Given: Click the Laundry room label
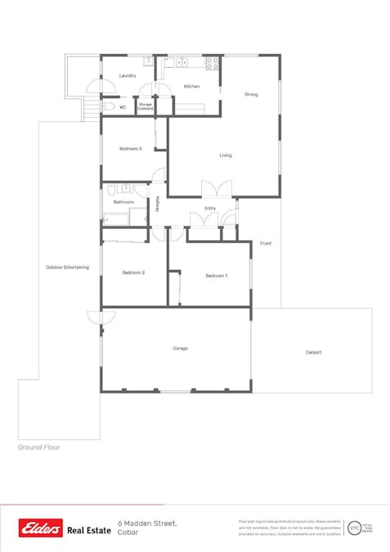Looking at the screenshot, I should point(127,75).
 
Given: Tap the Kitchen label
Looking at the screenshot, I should point(191,86).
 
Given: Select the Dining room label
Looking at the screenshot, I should point(251,95).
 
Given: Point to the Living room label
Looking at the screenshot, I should point(226,155).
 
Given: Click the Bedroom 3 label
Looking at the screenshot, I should point(131,149).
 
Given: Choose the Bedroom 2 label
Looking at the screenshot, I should point(133,272).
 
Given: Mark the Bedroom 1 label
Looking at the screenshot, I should point(216,276).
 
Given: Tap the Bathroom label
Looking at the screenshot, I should point(123,201).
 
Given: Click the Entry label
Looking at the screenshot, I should point(210,209).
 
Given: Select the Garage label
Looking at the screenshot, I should point(180,348).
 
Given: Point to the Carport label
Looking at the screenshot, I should point(313,352).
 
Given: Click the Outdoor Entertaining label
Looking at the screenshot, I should point(67,267).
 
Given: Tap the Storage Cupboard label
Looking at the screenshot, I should point(146,106).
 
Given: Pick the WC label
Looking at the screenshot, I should point(122,107).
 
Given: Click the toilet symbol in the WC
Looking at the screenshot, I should point(108,106).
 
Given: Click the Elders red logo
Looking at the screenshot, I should point(41,528).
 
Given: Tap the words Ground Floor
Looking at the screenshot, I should point(38,447).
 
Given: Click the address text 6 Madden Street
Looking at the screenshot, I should point(147,523).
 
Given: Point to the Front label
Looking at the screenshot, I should point(266,244).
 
